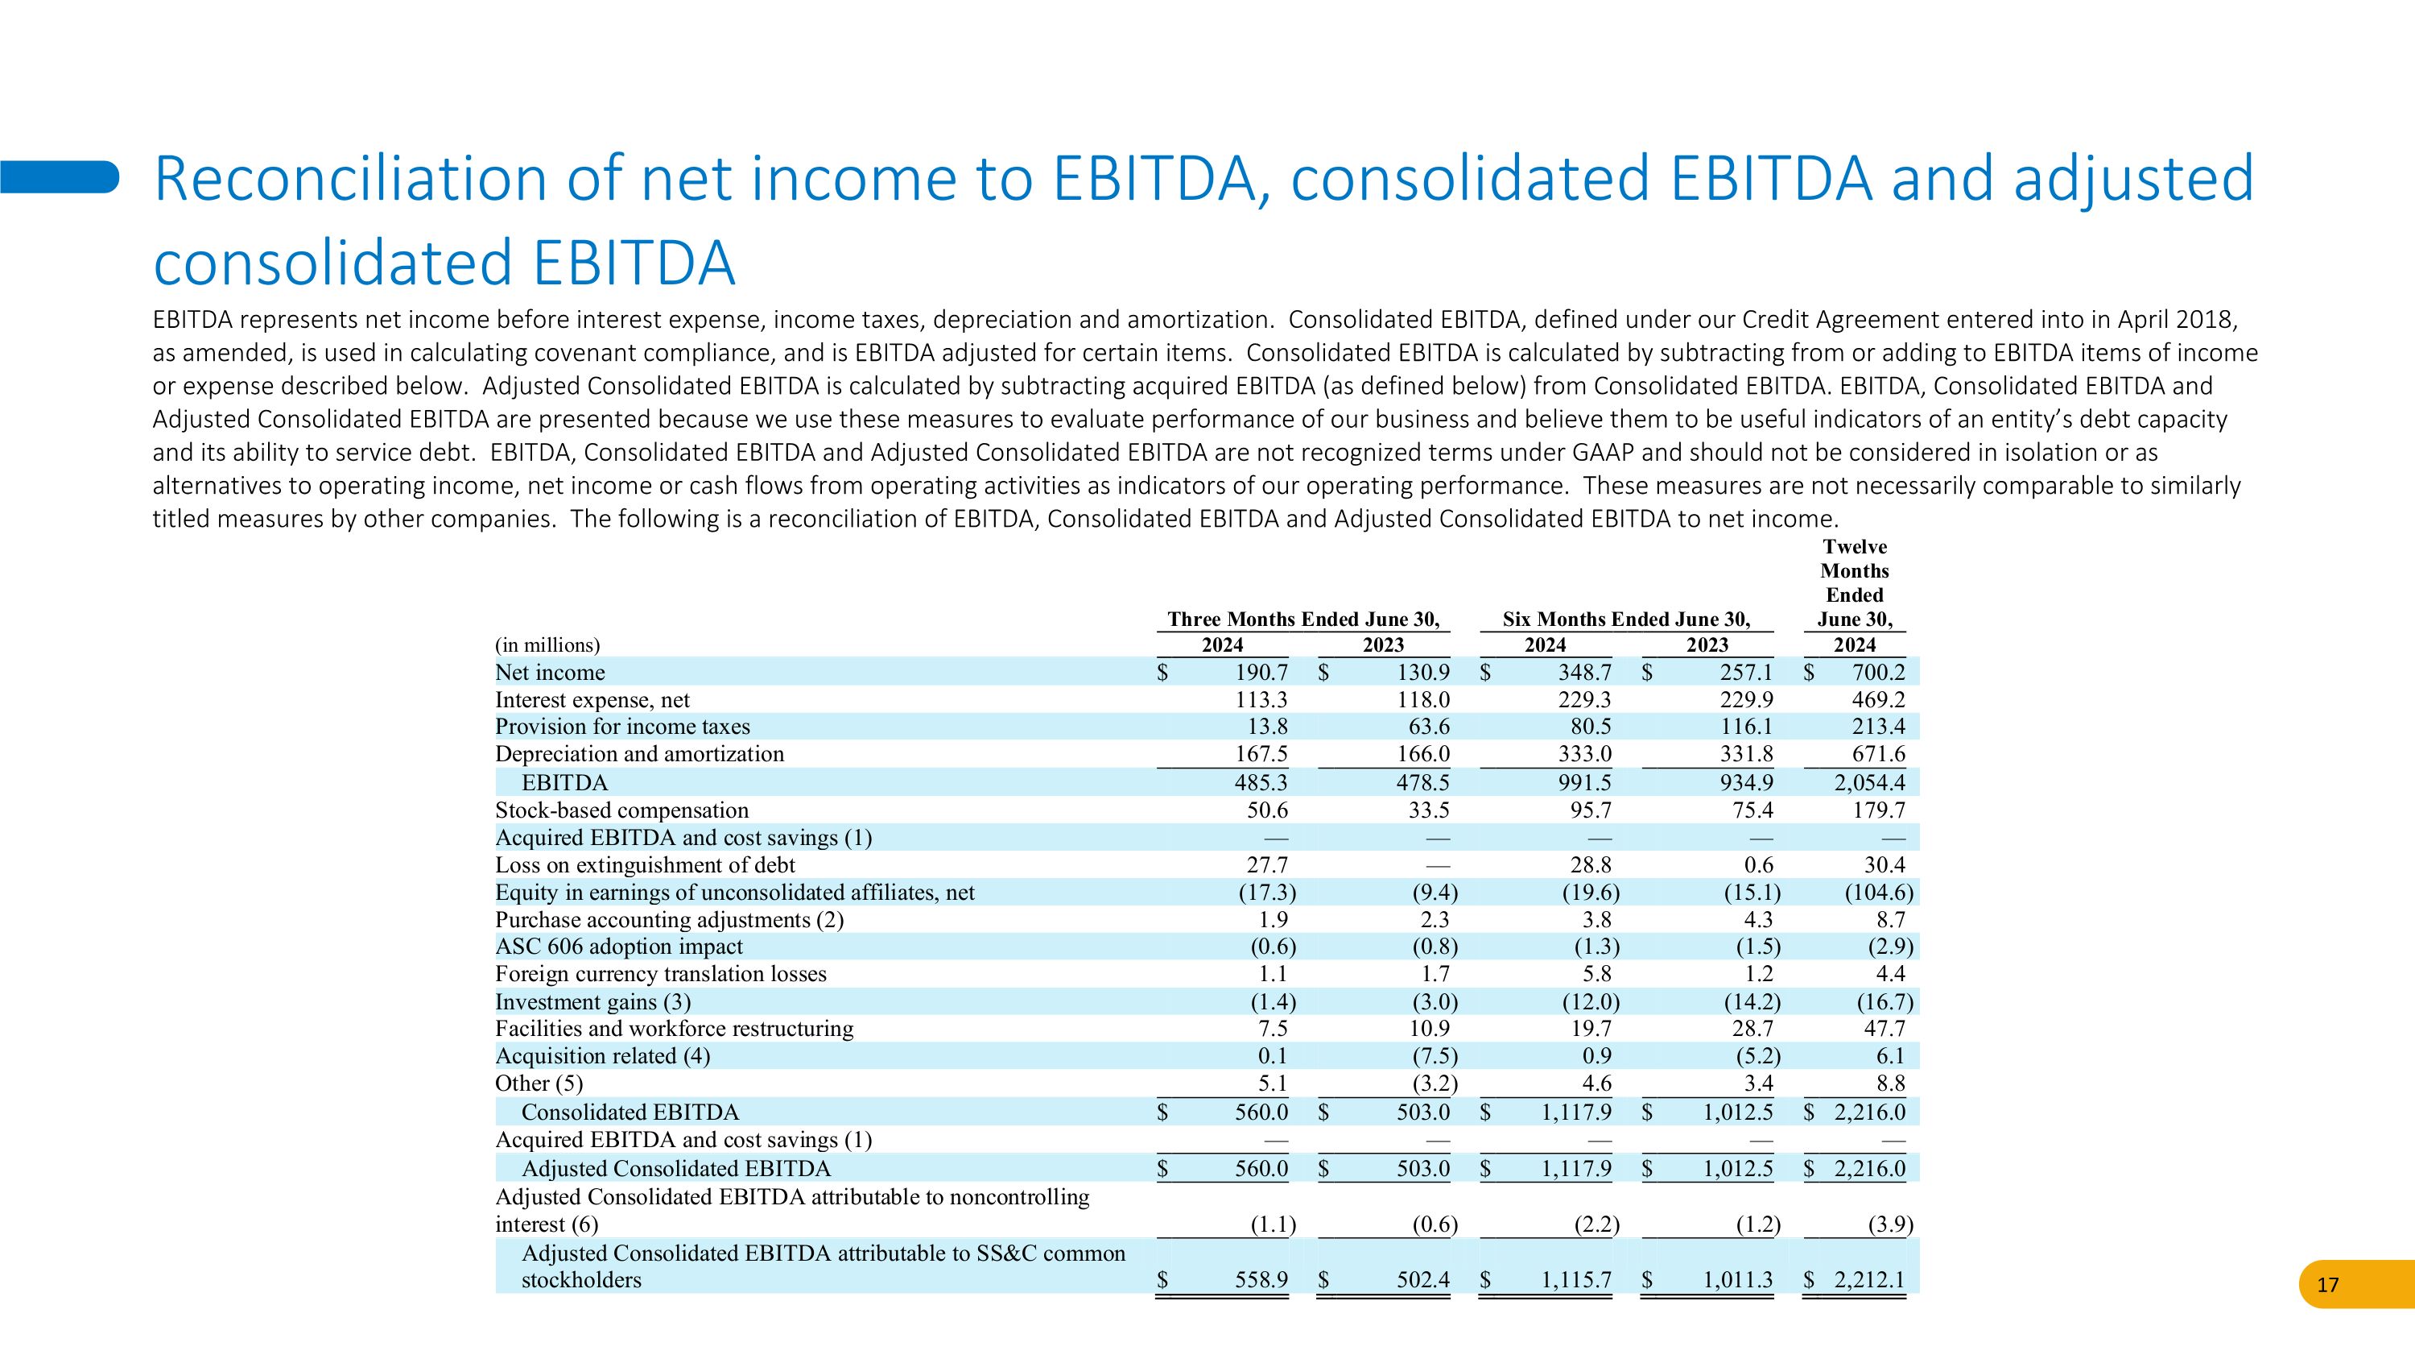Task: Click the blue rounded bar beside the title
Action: tap(59, 176)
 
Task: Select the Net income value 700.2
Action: tap(1878, 672)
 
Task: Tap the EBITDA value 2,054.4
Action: tap(1869, 782)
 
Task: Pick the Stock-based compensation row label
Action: tap(621, 810)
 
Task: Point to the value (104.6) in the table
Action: tap(1878, 892)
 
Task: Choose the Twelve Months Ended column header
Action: tap(1855, 582)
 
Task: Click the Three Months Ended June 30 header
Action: tap(1302, 619)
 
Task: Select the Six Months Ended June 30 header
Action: tap(1625, 619)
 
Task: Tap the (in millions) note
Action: tap(547, 645)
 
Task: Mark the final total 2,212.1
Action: tap(1869, 1279)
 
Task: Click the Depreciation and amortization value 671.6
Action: tap(1878, 754)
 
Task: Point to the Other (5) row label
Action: tap(539, 1083)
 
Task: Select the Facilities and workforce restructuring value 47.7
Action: tap(1884, 1028)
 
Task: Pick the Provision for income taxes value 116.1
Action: tap(1745, 727)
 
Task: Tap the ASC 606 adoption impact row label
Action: tap(619, 947)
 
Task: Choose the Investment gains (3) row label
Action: tap(592, 1001)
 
